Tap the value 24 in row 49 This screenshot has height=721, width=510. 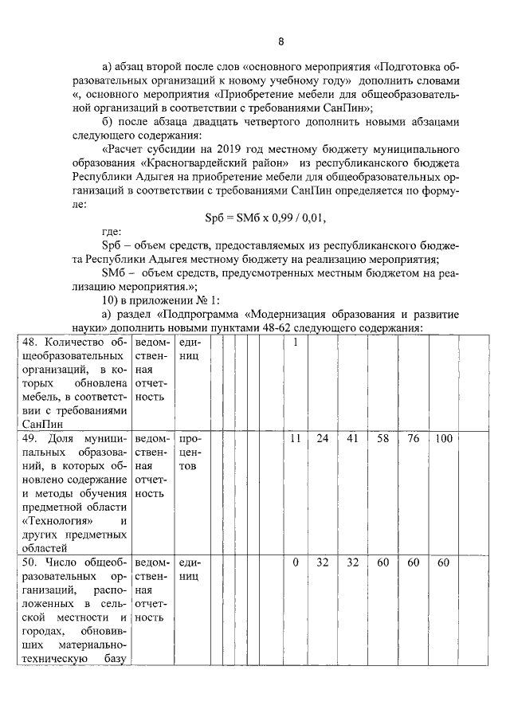[323, 439]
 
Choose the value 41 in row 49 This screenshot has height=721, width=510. [353, 439]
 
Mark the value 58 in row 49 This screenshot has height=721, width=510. [383, 439]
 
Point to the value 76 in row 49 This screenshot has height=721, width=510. [414, 439]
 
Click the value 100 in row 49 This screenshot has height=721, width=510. [444, 439]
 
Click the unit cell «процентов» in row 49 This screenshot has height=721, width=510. [190, 453]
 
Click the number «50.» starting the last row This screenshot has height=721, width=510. [30, 563]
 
